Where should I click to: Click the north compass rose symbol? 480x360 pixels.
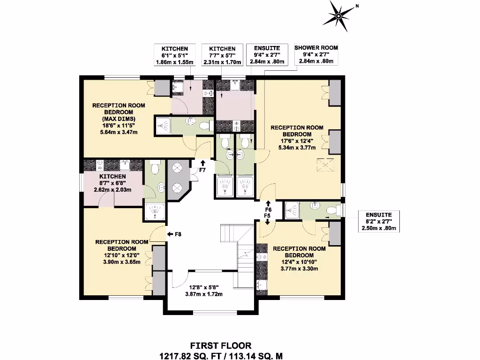339,15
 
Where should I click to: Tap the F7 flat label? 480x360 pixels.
202,170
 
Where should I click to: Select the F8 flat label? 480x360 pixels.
178,234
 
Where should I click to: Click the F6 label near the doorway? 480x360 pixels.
268,209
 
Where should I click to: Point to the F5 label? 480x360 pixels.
268,215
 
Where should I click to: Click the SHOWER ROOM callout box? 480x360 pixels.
316,54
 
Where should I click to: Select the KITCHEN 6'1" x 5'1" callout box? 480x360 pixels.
175,55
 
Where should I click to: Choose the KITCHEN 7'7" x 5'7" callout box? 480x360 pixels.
222,55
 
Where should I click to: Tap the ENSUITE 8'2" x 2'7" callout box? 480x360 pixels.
379,221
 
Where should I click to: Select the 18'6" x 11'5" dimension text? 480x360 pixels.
119,126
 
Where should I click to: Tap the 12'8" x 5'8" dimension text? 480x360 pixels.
205,288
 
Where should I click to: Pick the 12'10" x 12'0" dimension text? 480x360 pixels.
121,255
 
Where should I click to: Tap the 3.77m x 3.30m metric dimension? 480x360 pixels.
299,269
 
